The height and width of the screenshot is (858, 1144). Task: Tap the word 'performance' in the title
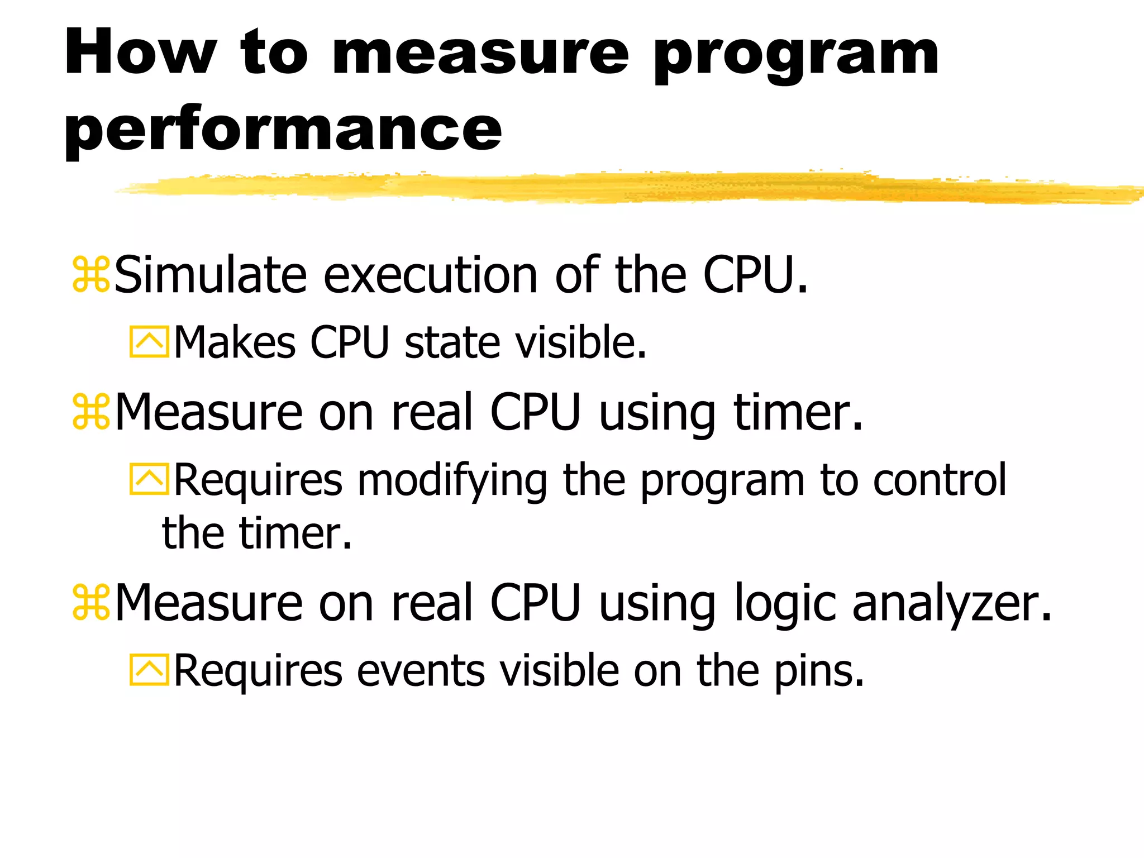tap(283, 130)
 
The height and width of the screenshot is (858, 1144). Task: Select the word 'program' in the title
tap(796, 56)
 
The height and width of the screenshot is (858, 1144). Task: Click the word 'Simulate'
tap(211, 275)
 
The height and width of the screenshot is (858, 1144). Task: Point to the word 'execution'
tap(431, 275)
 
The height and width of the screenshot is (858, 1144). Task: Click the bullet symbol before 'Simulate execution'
tap(91, 275)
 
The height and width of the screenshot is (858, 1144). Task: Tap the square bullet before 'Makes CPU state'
tap(149, 342)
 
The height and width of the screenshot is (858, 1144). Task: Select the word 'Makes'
tap(235, 342)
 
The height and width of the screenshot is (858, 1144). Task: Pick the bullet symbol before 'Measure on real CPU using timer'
tap(91, 412)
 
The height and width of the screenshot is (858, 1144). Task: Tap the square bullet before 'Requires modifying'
tap(149, 479)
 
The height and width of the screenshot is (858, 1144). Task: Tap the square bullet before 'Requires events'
tap(149, 670)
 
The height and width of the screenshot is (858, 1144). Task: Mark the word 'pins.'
tap(819, 672)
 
